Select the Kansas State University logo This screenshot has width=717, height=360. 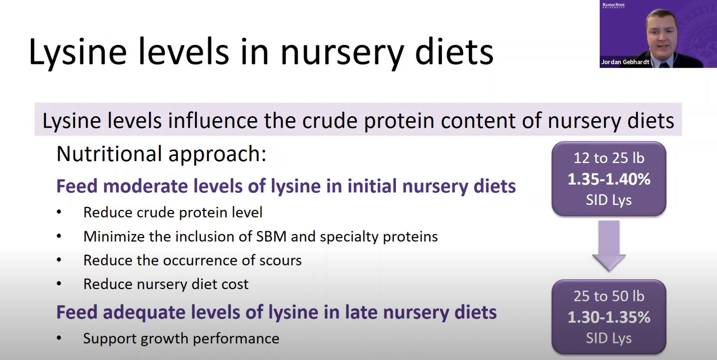coord(613,5)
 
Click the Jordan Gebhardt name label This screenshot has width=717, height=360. coord(625,62)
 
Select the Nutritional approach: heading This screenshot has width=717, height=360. coord(161,154)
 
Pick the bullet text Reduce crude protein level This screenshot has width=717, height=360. coord(173,213)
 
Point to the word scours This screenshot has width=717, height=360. coord(280,261)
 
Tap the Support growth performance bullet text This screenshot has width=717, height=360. coord(181,338)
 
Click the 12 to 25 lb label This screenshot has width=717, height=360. coord(609,158)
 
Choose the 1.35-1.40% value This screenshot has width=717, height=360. coord(609,179)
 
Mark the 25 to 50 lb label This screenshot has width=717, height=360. coord(609,296)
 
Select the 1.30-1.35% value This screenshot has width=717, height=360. coord(609,317)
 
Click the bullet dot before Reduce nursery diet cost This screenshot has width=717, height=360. coord(59,284)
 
